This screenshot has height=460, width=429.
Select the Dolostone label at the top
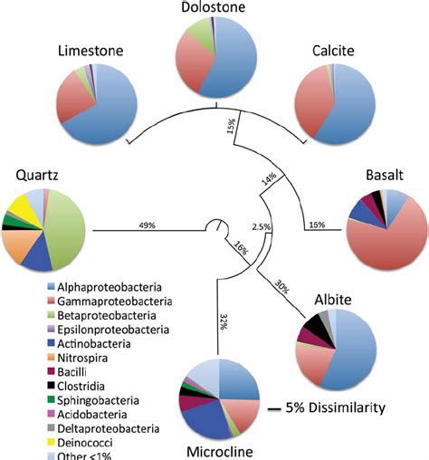pyautogui.click(x=214, y=8)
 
